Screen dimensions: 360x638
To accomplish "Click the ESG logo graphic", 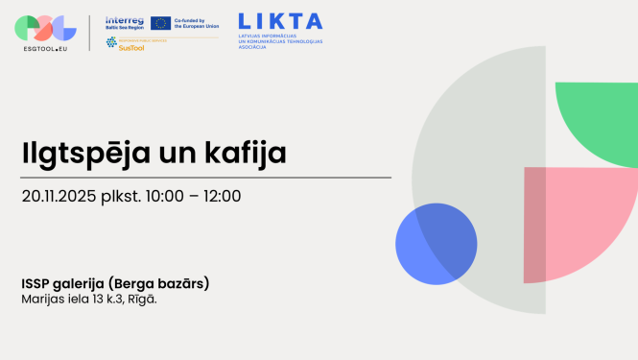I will pos(46,27).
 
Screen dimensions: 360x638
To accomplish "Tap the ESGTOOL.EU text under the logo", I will pos(46,48).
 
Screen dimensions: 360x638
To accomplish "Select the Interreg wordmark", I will pos(125,19).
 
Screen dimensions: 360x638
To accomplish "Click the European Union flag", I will pos(160,22).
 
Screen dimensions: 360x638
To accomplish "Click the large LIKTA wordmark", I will pos(280,20).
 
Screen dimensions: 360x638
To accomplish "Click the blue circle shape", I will pos(436,244).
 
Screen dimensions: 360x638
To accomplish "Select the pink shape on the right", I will pos(576,216).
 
